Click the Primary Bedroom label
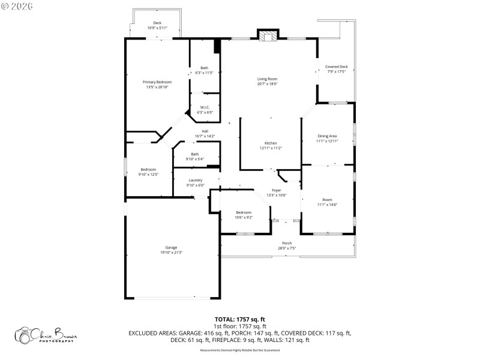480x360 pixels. click(x=157, y=82)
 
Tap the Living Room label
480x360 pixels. click(x=267, y=79)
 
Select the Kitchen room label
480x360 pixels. click(x=271, y=143)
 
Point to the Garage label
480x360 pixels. click(x=171, y=247)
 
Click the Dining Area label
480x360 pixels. click(x=327, y=136)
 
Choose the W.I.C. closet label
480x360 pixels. click(x=205, y=107)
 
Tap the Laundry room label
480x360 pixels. click(x=195, y=180)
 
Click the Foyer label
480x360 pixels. click(x=276, y=190)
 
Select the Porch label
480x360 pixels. click(x=287, y=243)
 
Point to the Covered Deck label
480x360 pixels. click(x=336, y=67)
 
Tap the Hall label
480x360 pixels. click(x=205, y=131)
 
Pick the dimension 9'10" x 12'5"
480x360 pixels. click(x=148, y=175)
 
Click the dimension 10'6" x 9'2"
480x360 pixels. click(x=244, y=217)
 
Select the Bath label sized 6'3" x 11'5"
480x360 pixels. click(x=205, y=68)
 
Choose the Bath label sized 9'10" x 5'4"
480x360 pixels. click(x=195, y=154)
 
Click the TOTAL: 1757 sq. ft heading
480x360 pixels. click(x=240, y=319)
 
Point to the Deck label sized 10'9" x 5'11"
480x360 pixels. click(x=157, y=23)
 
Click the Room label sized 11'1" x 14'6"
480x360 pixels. click(x=327, y=200)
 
